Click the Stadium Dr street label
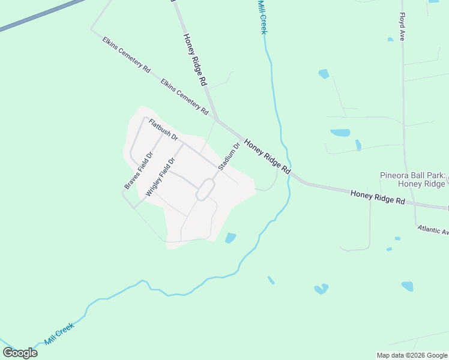pos(229,156)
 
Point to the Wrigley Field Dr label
pos(160,178)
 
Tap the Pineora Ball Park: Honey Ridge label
pos(412,179)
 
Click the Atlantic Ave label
pos(432,230)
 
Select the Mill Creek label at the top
pos(262,17)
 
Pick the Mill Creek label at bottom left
pos(59,334)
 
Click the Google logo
pos(20,353)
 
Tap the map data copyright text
pos(412,355)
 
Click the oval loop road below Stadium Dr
pos(205,190)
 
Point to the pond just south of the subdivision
pos(231,238)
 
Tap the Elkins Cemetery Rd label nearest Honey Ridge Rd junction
pos(185,97)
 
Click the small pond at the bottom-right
pos(408,286)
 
